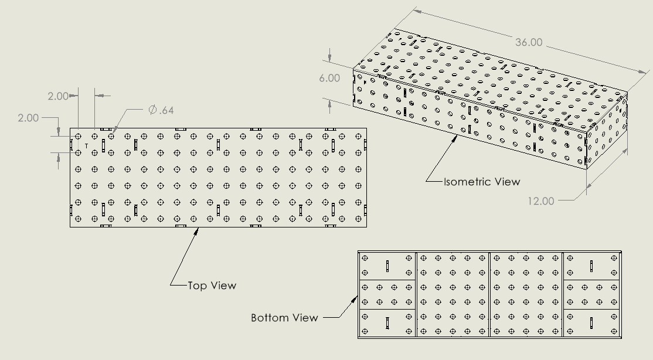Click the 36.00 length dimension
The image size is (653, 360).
point(529,42)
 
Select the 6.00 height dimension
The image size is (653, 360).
point(329,78)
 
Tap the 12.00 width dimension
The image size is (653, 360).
point(540,201)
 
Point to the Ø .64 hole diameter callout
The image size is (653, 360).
point(161,110)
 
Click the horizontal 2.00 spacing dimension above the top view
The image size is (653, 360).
point(58,96)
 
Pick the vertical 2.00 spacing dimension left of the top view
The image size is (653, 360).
point(28,118)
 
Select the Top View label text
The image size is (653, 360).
point(212,286)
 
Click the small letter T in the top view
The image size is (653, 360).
point(87,146)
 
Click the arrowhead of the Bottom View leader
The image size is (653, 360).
point(355,298)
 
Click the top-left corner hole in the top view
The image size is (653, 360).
point(78,136)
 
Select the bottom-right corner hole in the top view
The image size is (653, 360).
point(358,219)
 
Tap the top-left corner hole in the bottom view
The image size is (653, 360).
point(365,258)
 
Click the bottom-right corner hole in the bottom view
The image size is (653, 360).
point(614,331)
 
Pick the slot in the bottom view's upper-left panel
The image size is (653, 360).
point(387,266)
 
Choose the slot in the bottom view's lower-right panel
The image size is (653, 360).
point(591,323)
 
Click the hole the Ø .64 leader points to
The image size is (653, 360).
point(111,136)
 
